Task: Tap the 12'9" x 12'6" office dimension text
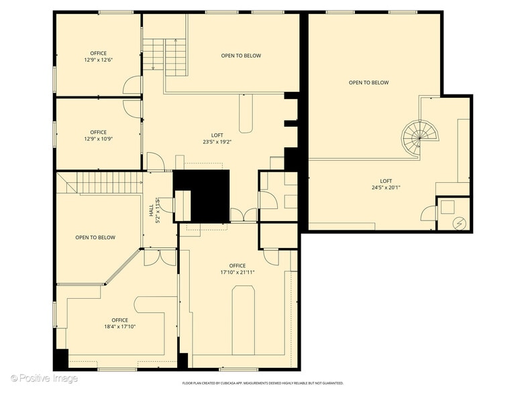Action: pos(98,60)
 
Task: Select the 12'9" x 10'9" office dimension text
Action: pos(98,139)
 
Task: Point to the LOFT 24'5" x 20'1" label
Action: pos(386,184)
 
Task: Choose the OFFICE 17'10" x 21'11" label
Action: pos(237,269)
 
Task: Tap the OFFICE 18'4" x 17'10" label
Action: pos(119,324)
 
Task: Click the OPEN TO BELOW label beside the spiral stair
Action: pos(368,82)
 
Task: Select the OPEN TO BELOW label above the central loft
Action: pos(241,56)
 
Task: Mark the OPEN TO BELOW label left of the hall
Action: pos(95,237)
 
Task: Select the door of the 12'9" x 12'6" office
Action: pos(133,85)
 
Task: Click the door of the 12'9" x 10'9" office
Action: pos(133,108)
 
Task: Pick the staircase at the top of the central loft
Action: pos(165,56)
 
